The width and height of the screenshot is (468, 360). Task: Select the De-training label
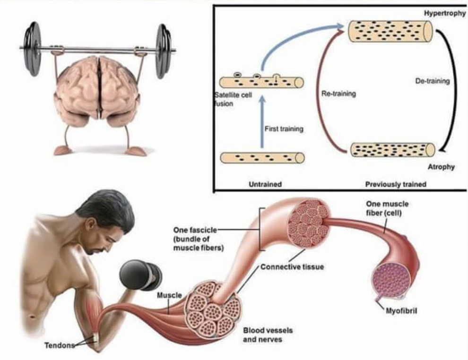point(432,81)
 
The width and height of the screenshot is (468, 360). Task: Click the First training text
point(284,129)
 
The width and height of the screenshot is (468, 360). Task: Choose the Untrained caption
point(265,184)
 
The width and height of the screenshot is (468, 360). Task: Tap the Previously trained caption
point(395,184)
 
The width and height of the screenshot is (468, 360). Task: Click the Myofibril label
point(401,311)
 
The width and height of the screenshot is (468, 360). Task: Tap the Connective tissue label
point(292,267)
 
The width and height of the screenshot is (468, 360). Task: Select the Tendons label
point(60,345)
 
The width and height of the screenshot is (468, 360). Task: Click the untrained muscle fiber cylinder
point(262,158)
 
